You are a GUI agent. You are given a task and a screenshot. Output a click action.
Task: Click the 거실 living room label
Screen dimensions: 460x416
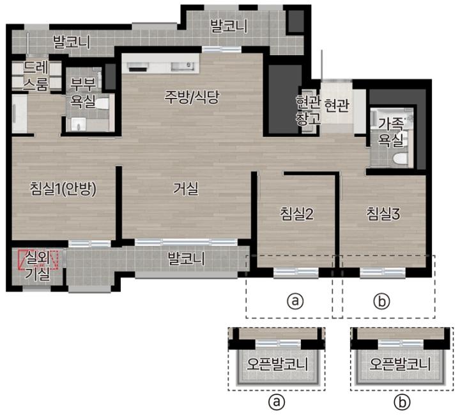click(x=185, y=189)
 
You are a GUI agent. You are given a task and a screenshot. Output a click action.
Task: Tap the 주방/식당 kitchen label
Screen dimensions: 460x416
click(x=192, y=97)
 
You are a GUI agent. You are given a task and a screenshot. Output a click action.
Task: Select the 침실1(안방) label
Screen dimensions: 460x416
click(x=63, y=189)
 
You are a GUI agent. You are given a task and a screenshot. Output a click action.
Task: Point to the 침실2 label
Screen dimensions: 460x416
click(x=297, y=214)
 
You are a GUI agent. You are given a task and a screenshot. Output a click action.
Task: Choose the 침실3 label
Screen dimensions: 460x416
click(x=383, y=214)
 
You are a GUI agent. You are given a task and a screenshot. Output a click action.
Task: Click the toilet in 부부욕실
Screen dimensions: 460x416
click(x=102, y=104)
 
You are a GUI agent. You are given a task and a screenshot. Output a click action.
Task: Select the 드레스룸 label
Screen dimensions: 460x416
click(x=36, y=76)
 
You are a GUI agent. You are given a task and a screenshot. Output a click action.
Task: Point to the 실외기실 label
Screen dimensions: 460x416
click(x=38, y=266)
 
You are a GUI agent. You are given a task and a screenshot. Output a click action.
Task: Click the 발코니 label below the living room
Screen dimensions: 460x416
click(x=186, y=259)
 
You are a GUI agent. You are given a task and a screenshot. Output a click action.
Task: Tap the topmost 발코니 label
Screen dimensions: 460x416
click(x=229, y=26)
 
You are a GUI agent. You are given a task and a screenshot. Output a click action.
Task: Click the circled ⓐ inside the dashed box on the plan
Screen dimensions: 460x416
click(x=295, y=301)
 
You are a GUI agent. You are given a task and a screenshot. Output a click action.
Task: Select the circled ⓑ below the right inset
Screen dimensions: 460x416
click(x=402, y=403)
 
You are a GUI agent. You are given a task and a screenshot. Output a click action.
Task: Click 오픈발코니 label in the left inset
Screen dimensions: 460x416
click(x=277, y=364)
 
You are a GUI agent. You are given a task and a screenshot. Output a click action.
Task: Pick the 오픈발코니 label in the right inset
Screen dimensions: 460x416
click(x=400, y=364)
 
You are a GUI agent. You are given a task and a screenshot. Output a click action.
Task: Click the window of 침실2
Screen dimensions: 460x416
click(x=296, y=273)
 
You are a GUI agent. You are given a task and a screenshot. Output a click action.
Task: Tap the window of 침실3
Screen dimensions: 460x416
click(x=383, y=273)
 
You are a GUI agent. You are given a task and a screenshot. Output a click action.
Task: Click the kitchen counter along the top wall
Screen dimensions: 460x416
click(x=161, y=63)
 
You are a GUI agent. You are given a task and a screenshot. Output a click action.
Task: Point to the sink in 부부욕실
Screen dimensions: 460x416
click(x=79, y=125)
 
